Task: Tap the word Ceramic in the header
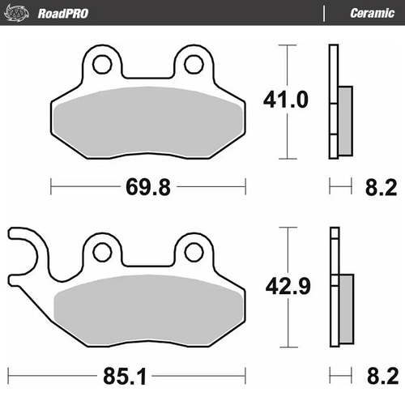[x=372, y=13]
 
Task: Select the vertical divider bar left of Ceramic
[x=324, y=13]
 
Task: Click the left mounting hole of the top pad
[x=103, y=64]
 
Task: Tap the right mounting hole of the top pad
[x=194, y=64]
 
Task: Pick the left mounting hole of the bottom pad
[x=103, y=250]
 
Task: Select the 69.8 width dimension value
[x=147, y=189]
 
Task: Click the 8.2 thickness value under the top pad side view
[x=377, y=189]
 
